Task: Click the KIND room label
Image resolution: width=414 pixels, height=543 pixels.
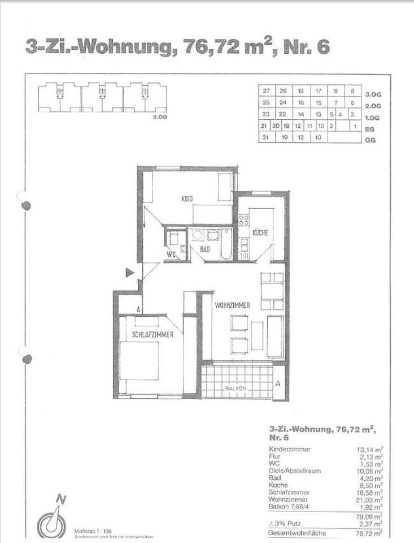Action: tap(188, 199)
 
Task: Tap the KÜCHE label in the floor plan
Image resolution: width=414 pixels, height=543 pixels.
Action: tap(260, 232)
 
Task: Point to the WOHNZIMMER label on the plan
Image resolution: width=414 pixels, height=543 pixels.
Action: tap(232, 305)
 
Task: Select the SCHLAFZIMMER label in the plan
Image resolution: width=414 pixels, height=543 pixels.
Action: tap(152, 335)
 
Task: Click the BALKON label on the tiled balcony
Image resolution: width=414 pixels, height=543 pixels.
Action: tap(236, 389)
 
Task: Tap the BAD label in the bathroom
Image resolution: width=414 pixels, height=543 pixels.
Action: tap(205, 249)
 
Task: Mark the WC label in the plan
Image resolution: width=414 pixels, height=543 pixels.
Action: tap(171, 254)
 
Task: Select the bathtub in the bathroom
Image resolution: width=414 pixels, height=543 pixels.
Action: tap(226, 243)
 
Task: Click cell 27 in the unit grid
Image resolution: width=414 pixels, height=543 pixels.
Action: tap(266, 91)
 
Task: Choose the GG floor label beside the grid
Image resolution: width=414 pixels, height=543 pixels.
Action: tap(370, 140)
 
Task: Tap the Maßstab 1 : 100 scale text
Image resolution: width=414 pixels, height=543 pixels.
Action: tap(93, 531)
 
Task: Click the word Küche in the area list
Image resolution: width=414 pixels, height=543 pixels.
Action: tap(279, 485)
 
